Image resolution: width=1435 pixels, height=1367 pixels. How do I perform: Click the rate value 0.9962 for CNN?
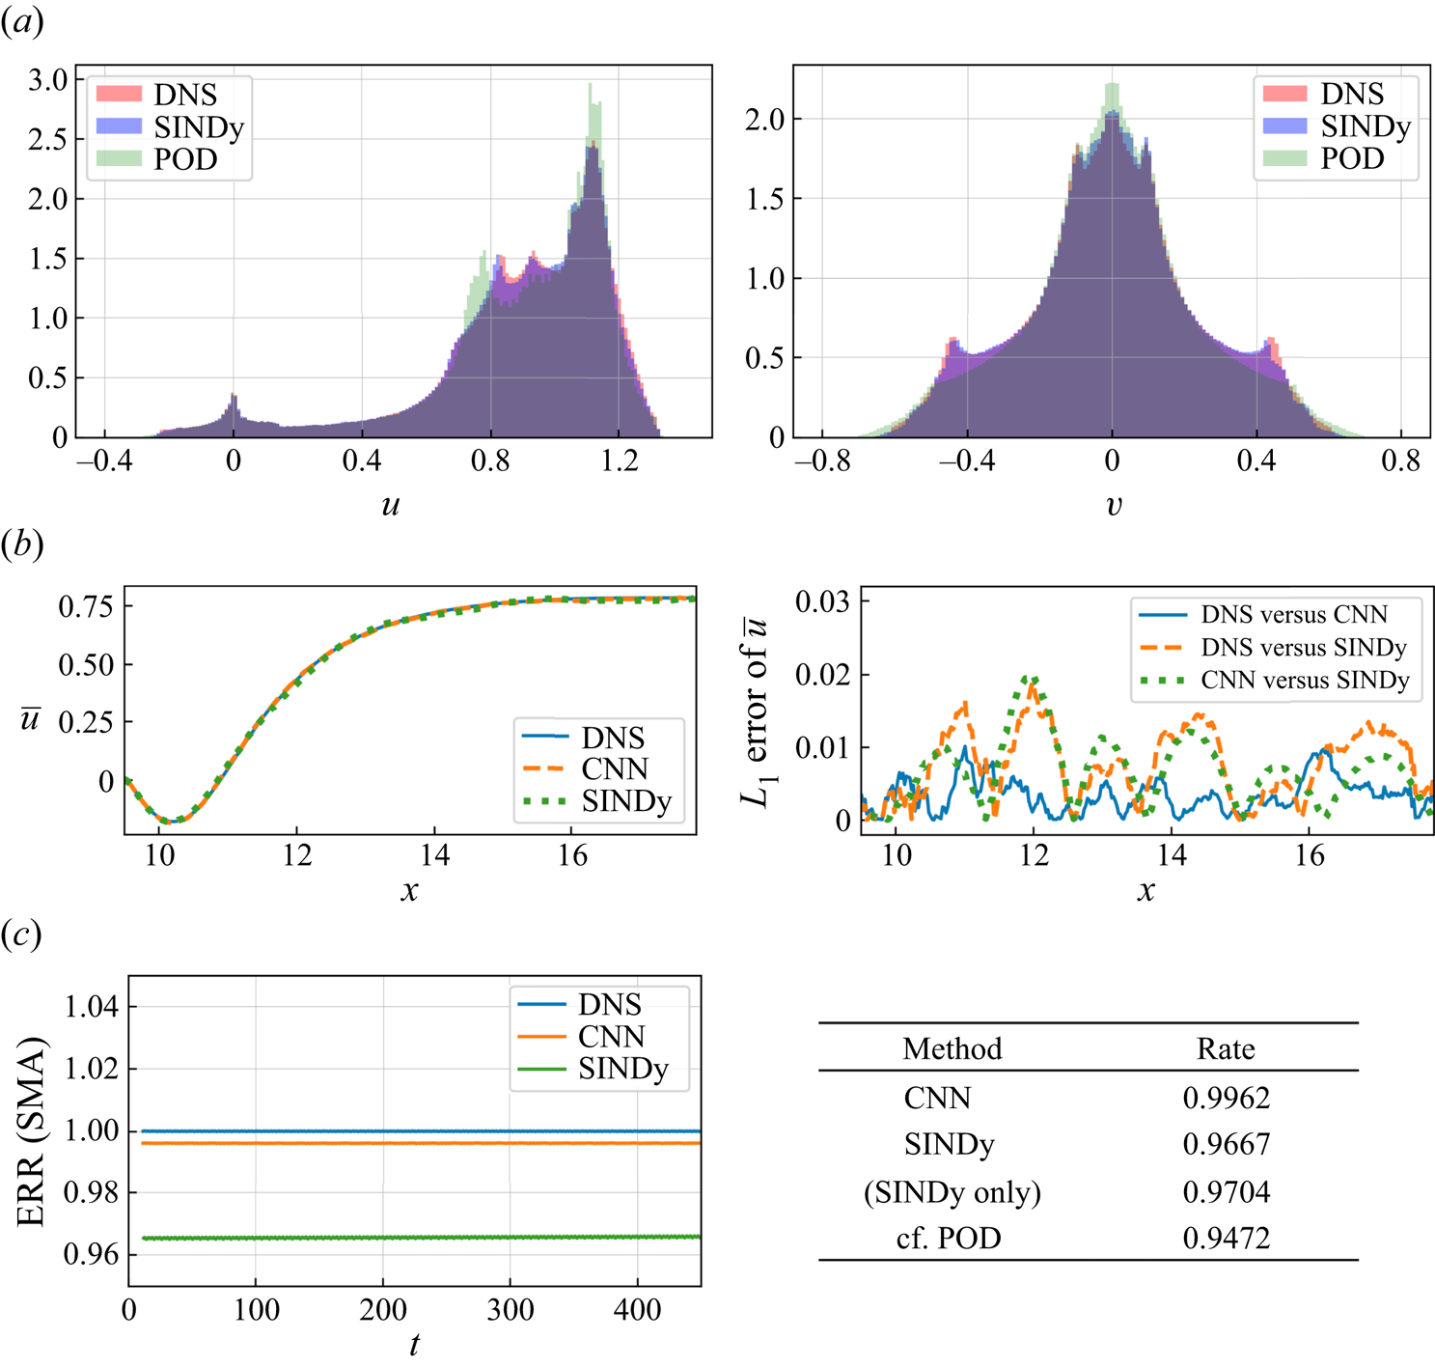pos(1226,1098)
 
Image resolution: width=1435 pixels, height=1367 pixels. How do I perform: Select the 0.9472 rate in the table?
pos(1226,1238)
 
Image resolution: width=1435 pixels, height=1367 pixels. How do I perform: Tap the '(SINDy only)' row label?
pos(952,1192)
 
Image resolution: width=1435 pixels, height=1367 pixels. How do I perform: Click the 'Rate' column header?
pos(1226,1049)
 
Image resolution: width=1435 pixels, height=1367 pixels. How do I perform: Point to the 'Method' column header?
pos(952,1049)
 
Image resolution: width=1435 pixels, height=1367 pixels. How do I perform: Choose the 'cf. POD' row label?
pos(948,1238)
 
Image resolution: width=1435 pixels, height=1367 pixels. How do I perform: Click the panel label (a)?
pos(21,21)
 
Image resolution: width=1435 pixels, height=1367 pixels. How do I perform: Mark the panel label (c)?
pos(21,934)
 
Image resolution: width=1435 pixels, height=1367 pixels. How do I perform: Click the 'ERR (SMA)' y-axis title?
pos(32,1131)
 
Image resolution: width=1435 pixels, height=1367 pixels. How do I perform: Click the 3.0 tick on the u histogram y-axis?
pos(48,80)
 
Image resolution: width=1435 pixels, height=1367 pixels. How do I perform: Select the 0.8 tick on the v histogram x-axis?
pos(1400,461)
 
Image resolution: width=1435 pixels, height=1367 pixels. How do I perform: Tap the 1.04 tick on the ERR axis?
pos(91,1007)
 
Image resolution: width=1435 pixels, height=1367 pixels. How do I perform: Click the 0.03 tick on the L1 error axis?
pos(822,602)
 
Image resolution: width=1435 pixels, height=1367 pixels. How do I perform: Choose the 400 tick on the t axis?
pos(637,1310)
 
